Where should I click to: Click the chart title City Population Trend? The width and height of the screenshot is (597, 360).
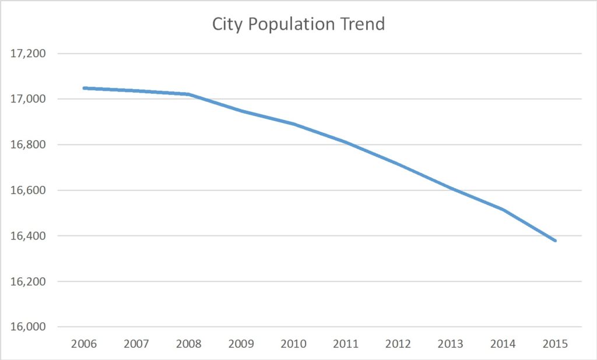298,24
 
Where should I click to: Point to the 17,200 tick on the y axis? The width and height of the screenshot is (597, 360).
28,54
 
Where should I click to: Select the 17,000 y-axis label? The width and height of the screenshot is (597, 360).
28,99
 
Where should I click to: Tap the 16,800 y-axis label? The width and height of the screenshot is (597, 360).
28,144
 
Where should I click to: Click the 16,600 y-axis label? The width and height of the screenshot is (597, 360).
28,190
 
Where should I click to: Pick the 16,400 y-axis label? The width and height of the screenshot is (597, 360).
28,236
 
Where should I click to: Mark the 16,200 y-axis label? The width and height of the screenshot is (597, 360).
28,281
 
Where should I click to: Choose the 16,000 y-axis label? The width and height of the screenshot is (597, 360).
28,327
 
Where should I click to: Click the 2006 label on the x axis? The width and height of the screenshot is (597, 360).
84,344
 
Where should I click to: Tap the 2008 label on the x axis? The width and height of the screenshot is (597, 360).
189,344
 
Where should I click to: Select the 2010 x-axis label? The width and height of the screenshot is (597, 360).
293,344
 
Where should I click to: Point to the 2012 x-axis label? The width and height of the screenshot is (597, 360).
398,344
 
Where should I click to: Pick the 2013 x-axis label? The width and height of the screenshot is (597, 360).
451,344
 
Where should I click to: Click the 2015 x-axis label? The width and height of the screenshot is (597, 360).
555,344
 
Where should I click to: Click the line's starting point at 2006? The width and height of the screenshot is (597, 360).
85,88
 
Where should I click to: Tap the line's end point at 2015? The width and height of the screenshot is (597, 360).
555,241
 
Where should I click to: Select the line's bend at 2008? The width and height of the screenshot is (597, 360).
189,94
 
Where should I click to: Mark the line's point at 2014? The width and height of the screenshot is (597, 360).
503,210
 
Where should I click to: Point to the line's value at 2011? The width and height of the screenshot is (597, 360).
346,142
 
